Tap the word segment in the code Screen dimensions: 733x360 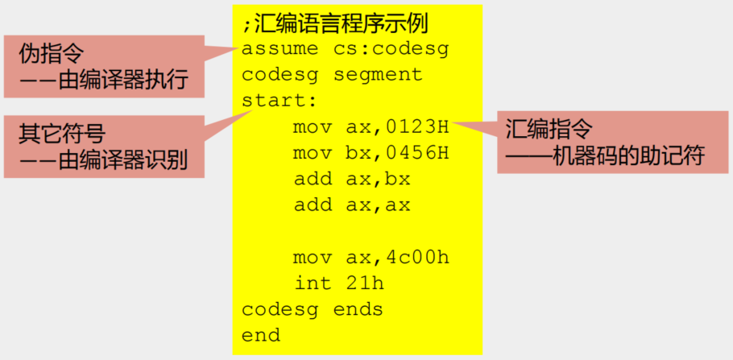378,75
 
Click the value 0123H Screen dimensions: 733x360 416,127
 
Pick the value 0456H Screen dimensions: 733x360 416,153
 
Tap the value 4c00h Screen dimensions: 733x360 416,258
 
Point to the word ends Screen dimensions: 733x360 358,309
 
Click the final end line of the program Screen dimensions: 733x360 260,335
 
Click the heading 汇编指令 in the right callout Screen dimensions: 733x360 549,129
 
